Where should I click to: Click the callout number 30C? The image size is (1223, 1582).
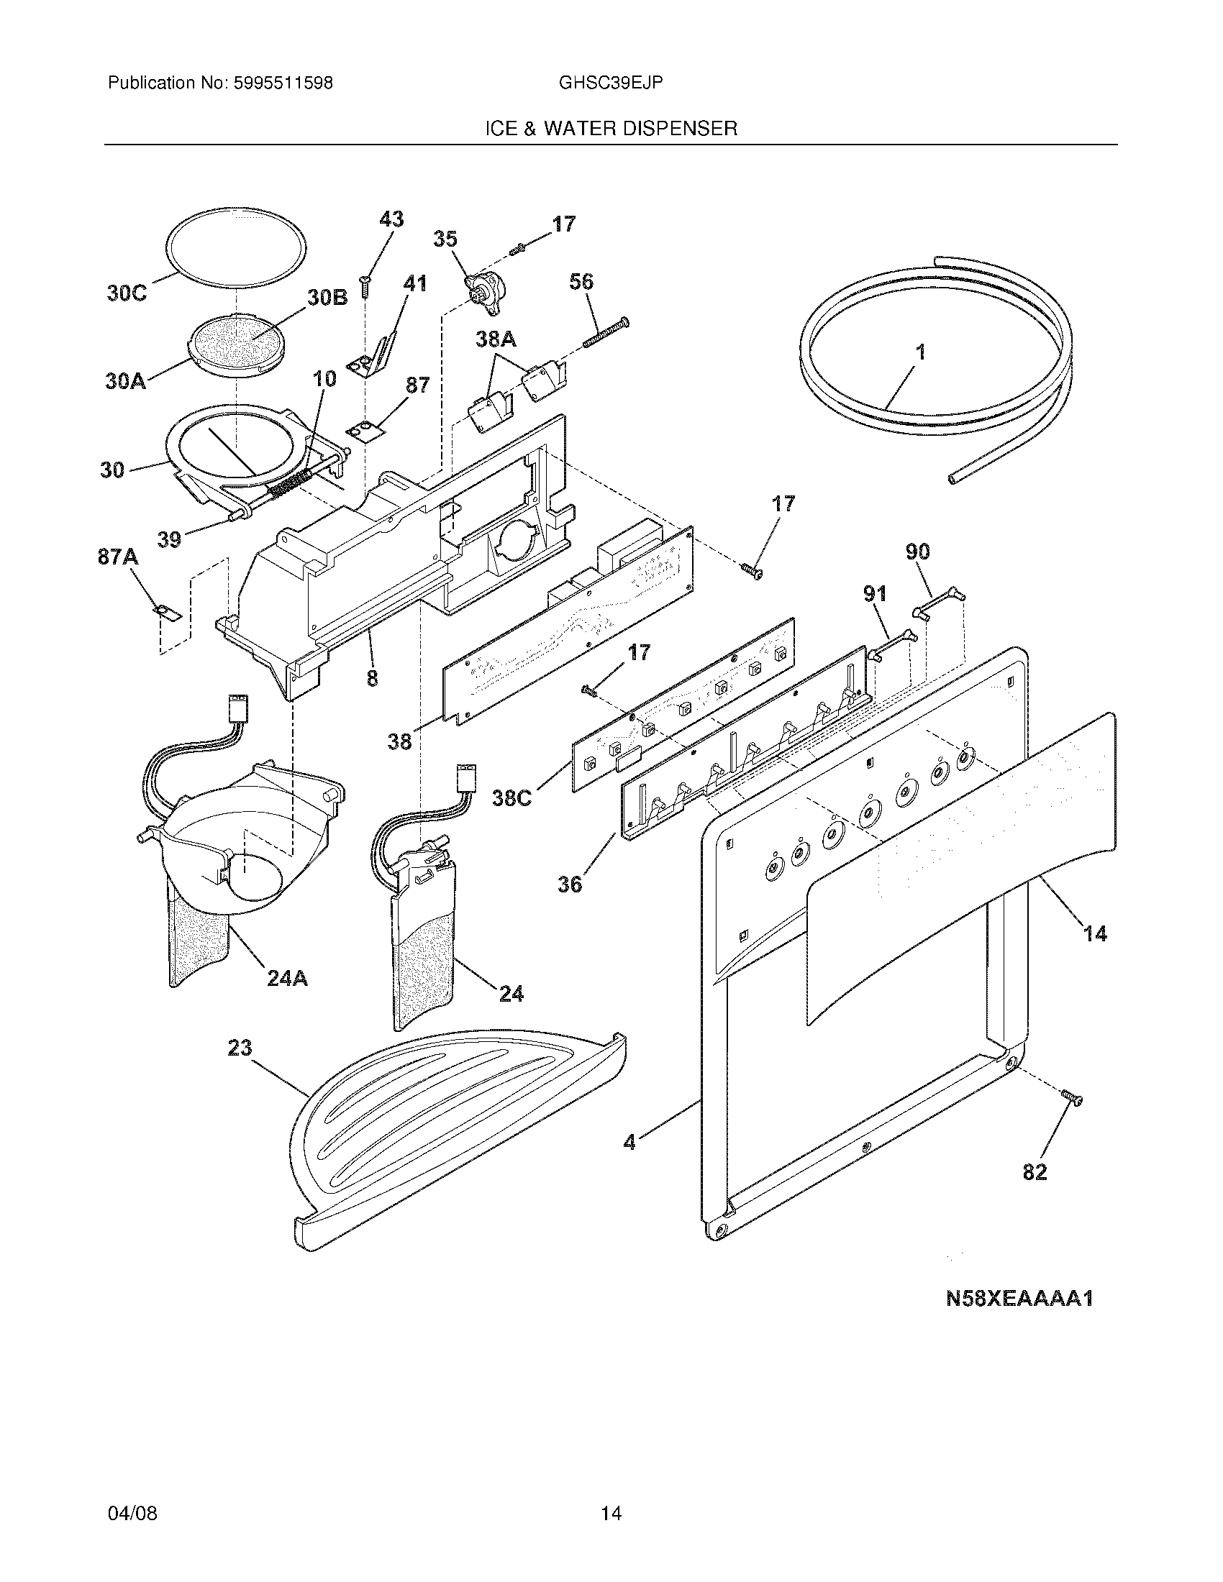(x=127, y=293)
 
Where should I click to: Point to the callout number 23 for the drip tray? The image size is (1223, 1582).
(x=240, y=1048)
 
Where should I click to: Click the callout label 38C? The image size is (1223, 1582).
(x=512, y=797)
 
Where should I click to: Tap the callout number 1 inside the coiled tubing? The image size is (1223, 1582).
(x=920, y=354)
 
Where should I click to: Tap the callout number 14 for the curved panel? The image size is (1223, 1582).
(x=1095, y=933)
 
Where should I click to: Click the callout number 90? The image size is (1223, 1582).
(x=918, y=552)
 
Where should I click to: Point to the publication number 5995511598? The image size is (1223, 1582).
(x=283, y=83)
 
